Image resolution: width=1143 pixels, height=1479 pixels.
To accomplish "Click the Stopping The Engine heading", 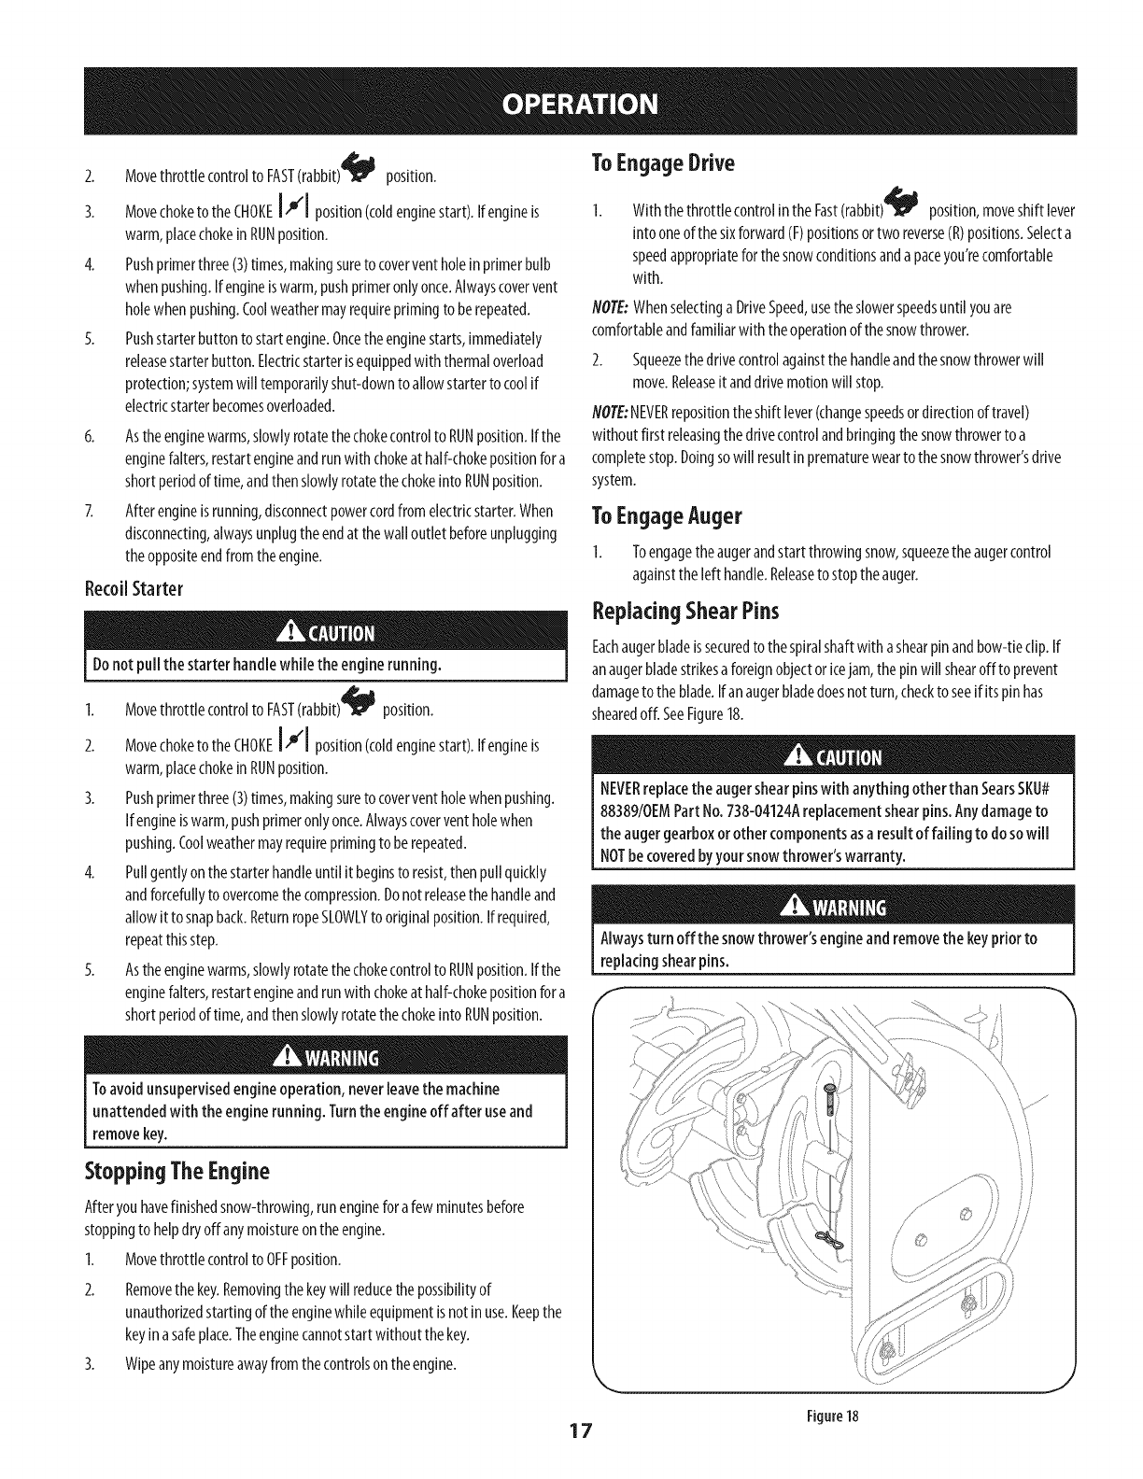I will (177, 1170).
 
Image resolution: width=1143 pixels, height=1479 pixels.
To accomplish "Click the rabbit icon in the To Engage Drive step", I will (904, 204).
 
